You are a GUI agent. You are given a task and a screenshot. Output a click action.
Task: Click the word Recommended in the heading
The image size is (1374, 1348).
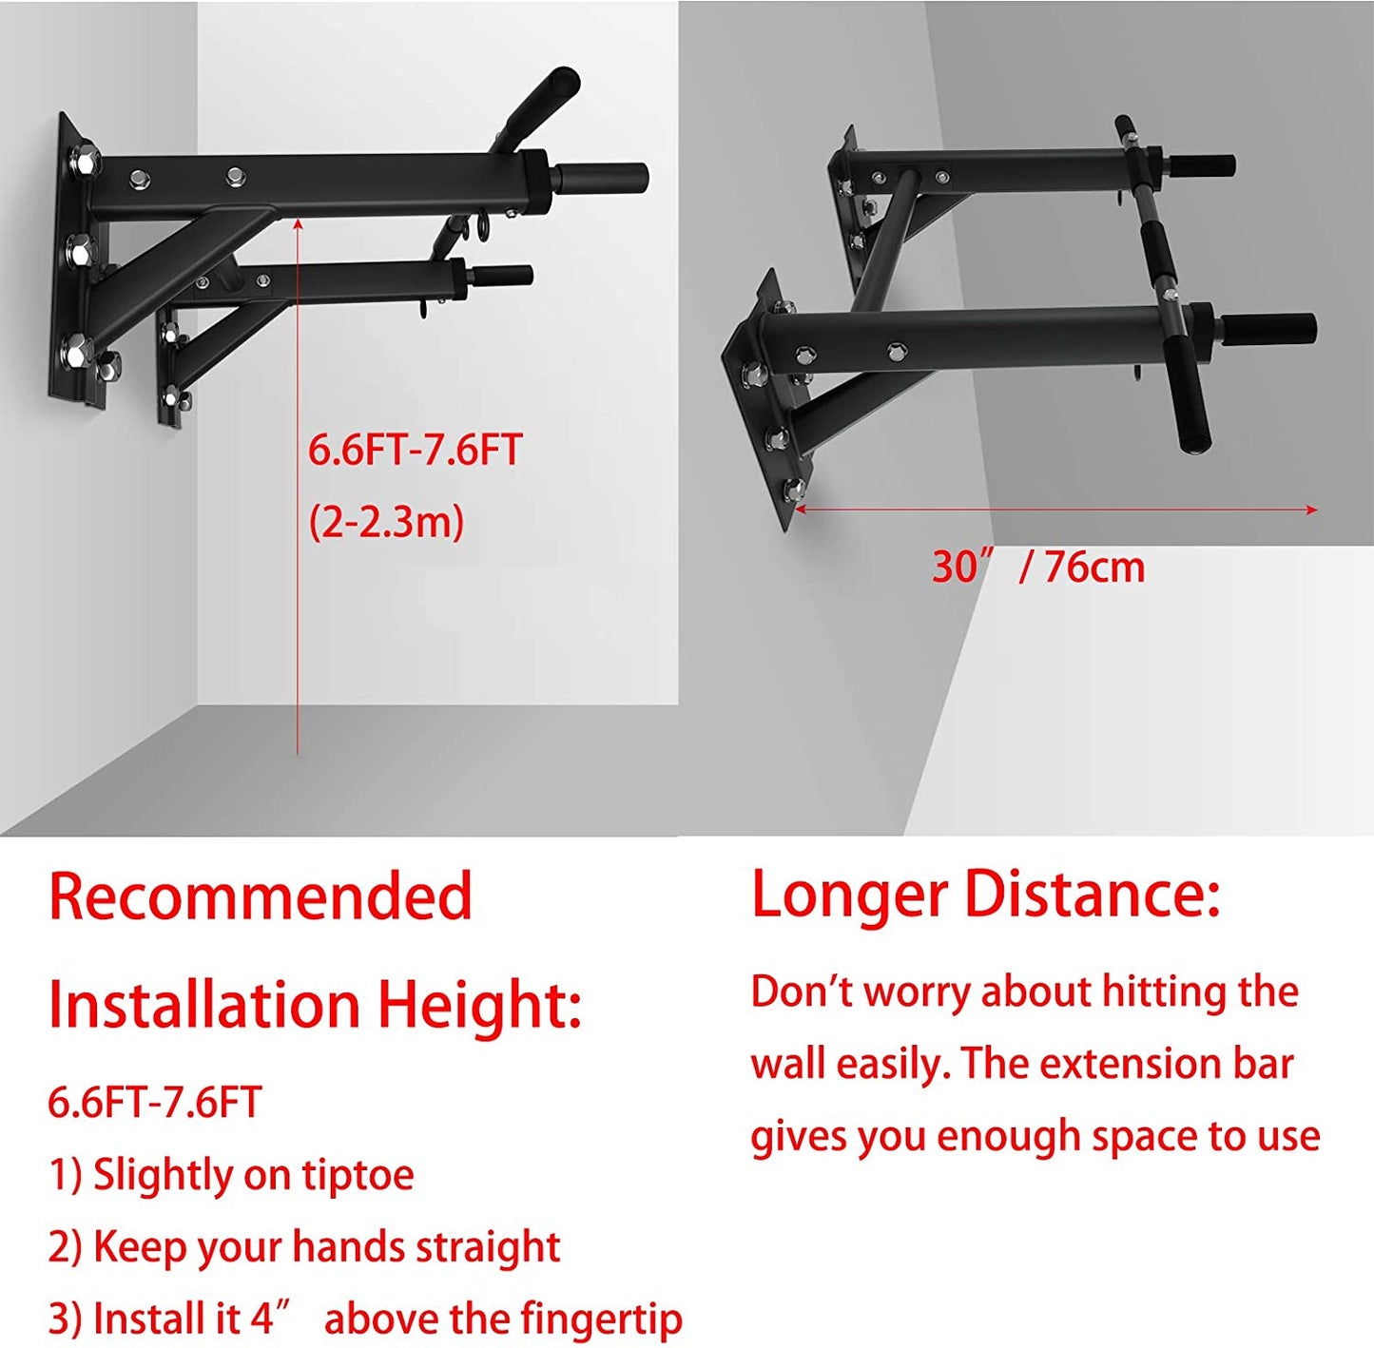pos(261,896)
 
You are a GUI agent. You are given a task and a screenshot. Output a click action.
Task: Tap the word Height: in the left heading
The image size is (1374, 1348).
pos(480,1007)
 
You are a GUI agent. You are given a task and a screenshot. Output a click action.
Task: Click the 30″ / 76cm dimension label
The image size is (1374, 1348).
pos(1038,568)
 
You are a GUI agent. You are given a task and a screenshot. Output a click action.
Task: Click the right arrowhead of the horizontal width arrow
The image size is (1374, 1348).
pos(1311,509)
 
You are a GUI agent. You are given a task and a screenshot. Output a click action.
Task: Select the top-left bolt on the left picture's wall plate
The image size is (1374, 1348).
pos(87,160)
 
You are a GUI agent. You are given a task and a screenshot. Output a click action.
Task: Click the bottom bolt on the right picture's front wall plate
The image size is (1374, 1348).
pos(794,489)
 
